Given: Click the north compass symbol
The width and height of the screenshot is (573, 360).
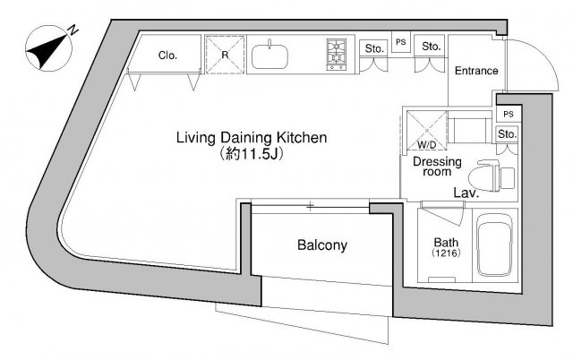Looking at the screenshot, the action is [48, 47].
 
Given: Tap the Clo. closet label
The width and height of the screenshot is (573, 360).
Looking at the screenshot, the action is [167, 56].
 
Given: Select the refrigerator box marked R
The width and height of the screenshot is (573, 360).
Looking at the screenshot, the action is [225, 55].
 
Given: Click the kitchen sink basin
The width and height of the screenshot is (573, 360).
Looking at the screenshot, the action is [269, 56].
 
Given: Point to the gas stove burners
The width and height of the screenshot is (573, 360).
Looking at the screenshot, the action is [336, 55].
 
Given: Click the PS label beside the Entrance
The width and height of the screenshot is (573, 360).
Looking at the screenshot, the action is [401, 42].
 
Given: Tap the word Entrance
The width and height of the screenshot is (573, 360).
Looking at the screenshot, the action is [476, 71].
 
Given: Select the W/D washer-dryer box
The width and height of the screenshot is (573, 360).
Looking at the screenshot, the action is [427, 131].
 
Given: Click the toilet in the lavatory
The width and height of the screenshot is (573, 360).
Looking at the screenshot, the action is [491, 176].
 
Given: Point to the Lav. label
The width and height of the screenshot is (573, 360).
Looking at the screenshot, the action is [466, 193].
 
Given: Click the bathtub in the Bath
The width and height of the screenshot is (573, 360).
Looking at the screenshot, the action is [495, 244].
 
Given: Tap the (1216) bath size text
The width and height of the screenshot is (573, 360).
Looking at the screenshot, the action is [446, 253].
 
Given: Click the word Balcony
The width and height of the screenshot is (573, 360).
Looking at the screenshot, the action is [322, 245].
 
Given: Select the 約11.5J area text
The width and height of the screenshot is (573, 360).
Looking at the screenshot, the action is [251, 153].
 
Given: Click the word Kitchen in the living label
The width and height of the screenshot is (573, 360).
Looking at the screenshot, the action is [302, 138].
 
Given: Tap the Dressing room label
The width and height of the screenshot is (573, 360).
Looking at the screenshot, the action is [437, 167].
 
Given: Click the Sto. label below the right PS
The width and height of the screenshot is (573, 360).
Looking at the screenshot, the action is [508, 134].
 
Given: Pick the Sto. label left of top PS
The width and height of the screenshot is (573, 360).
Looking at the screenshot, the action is [374, 48].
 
